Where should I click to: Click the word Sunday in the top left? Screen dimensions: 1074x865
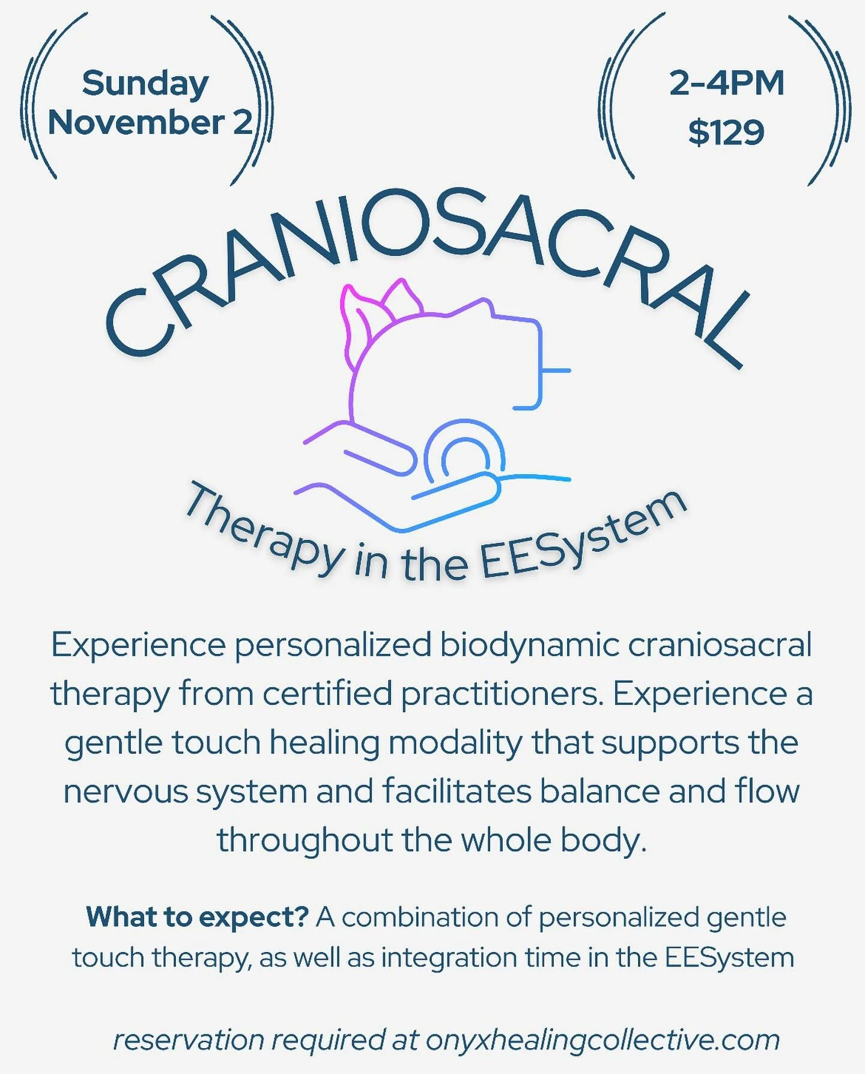[145, 84]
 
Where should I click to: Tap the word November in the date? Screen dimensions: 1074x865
[136, 123]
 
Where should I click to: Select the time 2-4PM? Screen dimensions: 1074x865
[726, 84]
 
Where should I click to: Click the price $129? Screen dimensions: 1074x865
[726, 132]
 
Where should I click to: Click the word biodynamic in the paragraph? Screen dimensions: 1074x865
[529, 645]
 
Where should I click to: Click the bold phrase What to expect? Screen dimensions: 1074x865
[197, 917]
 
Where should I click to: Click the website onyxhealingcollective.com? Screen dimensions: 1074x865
[602, 1040]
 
